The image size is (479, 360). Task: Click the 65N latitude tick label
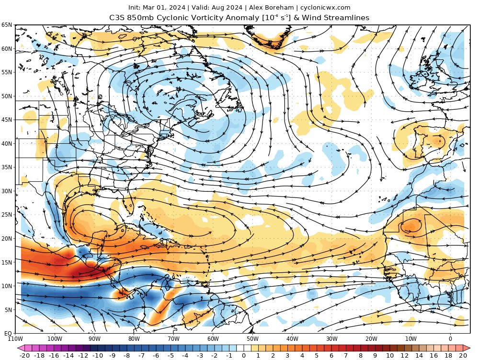click(7, 25)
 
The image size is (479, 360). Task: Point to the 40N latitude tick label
click(7, 143)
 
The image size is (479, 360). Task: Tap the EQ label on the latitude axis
click(8, 333)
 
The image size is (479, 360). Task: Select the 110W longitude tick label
click(15, 338)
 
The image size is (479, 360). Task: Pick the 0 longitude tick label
click(450, 338)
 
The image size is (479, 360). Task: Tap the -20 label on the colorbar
click(25, 356)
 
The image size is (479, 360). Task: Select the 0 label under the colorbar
click(243, 356)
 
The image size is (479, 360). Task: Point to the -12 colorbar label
click(83, 356)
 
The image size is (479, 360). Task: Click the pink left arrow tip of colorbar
click(20, 348)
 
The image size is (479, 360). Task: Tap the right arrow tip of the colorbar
click(467, 348)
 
